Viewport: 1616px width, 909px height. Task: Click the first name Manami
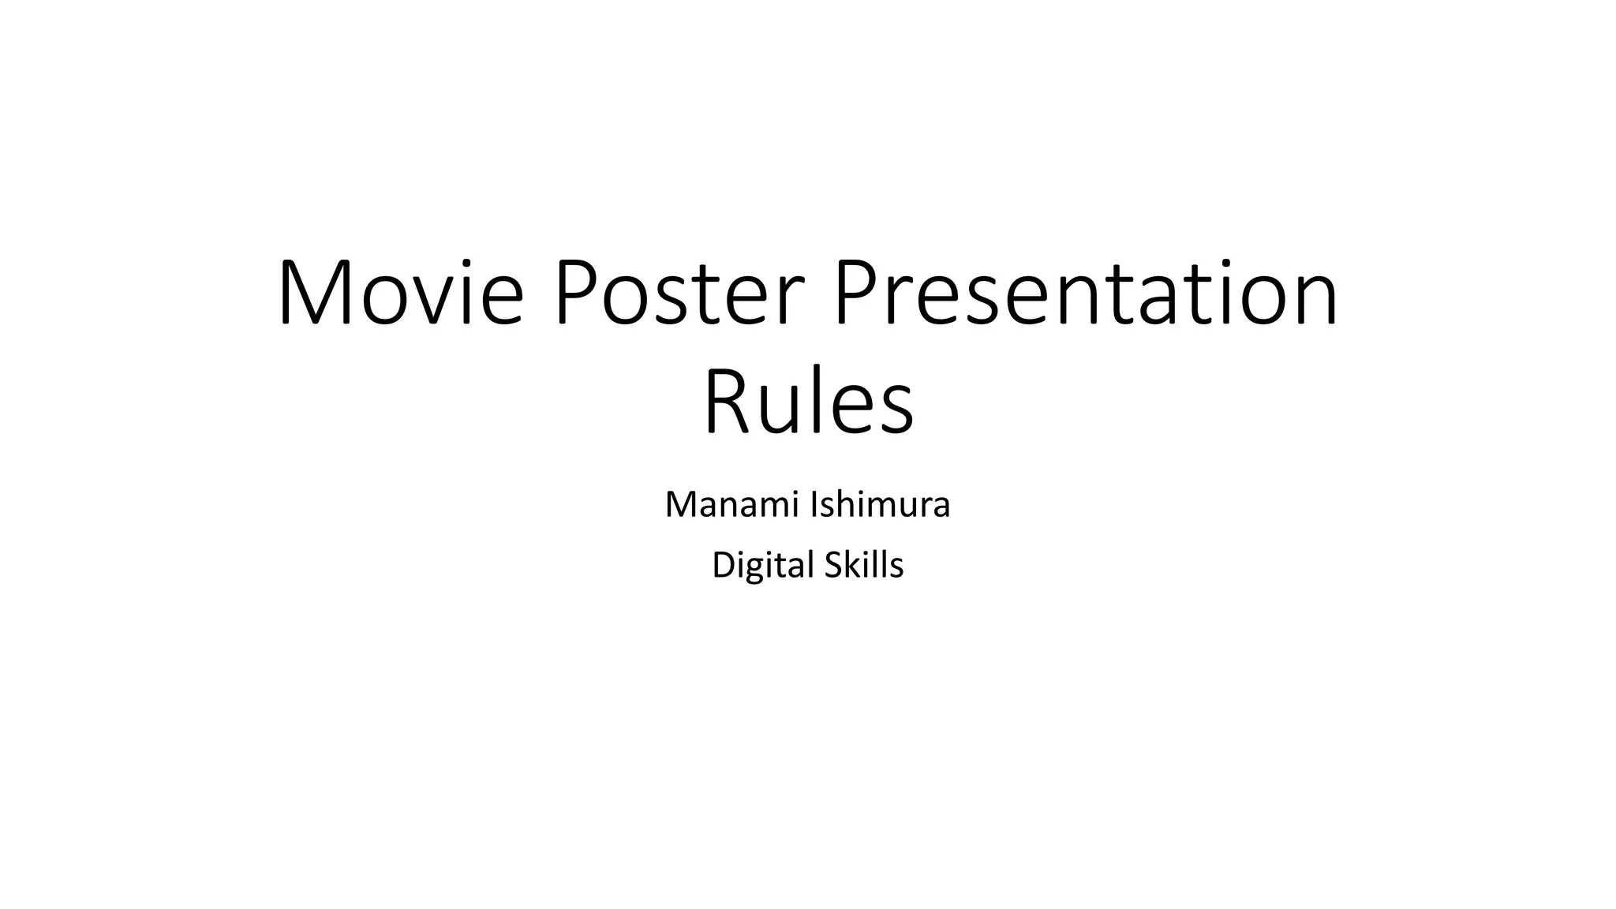pyautogui.click(x=732, y=505)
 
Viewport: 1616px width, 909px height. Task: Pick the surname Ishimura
pyautogui.click(x=880, y=505)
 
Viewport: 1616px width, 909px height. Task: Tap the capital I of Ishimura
pyautogui.click(x=814, y=505)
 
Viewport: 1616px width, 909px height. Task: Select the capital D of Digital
pyautogui.click(x=723, y=566)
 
